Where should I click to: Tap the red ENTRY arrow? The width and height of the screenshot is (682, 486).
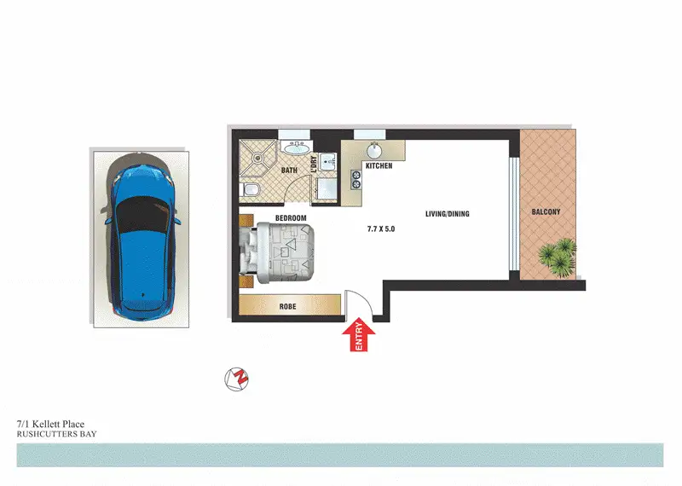point(359,334)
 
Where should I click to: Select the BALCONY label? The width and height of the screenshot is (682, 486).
point(546,211)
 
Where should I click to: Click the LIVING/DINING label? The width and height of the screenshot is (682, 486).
point(448,214)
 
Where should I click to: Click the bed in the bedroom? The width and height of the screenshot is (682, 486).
point(281,252)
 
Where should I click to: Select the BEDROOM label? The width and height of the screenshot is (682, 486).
point(291,218)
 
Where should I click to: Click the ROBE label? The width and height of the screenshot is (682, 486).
point(287,306)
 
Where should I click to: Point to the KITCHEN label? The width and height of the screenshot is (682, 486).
point(379,165)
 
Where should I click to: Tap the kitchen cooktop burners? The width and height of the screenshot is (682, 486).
point(355,180)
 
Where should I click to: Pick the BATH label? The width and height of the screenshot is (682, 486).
point(289,171)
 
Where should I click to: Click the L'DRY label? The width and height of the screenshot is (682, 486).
point(315,166)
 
